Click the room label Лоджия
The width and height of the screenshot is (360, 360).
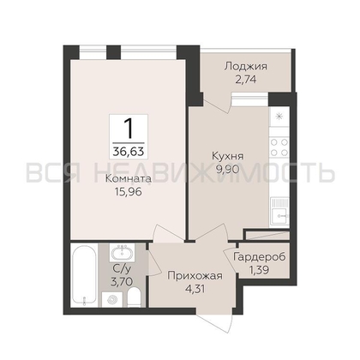click(x=245, y=67)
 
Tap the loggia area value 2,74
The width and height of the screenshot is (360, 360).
click(x=245, y=79)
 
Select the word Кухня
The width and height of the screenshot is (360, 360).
click(x=228, y=157)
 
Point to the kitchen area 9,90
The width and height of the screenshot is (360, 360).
click(x=228, y=170)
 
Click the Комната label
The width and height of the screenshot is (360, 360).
click(x=129, y=179)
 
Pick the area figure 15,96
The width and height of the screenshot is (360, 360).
click(x=129, y=192)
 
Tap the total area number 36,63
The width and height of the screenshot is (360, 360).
click(x=129, y=150)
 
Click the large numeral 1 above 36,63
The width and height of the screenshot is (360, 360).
click(x=129, y=129)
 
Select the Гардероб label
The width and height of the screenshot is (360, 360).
click(x=259, y=257)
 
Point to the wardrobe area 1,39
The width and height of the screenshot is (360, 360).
click(x=259, y=269)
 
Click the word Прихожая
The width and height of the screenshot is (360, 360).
click(x=195, y=276)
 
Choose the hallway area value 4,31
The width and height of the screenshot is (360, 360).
click(x=195, y=289)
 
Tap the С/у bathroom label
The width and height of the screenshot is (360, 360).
click(x=123, y=269)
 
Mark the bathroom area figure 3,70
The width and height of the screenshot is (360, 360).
click(x=123, y=282)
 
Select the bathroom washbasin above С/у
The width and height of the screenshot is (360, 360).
click(x=123, y=254)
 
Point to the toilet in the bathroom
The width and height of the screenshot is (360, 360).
click(x=134, y=297)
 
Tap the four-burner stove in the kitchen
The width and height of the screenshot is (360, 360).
click(x=279, y=147)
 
